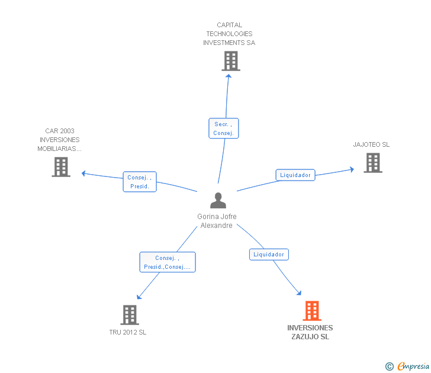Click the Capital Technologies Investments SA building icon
coord(231,61)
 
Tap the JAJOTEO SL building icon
coord(372,163)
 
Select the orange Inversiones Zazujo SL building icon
coord(312,311)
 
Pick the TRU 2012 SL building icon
coord(130,315)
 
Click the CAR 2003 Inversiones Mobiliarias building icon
coord(61,167)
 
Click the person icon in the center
coord(218,201)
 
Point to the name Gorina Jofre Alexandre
coord(217,221)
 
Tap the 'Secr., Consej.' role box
coord(224,128)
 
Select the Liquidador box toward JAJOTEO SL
coord(295,175)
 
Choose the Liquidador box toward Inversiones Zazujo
coord(269,255)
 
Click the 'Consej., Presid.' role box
coord(140,182)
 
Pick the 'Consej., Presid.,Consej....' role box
coord(168,262)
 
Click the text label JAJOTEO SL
coord(371,144)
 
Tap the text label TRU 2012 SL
coord(128,332)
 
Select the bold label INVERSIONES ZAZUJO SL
coord(310,332)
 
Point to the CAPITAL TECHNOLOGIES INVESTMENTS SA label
coord(229,34)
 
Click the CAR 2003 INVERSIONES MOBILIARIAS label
coord(59,140)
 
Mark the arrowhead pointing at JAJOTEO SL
coord(351,169)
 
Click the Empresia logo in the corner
coord(413,366)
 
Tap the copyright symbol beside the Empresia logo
coord(389,367)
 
